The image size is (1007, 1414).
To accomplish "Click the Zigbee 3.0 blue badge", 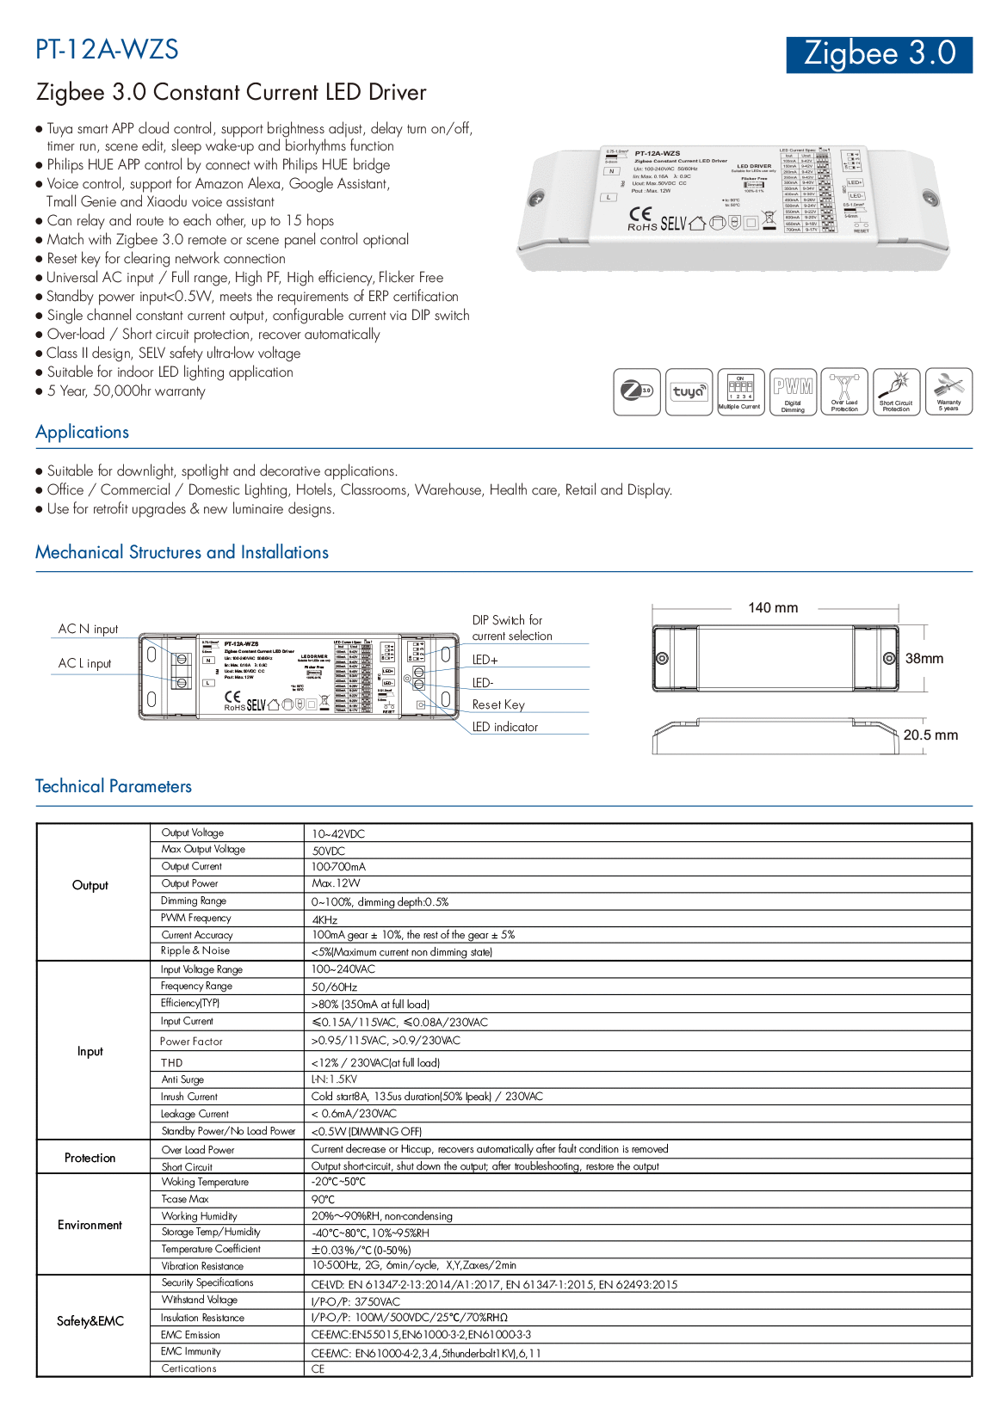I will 879,54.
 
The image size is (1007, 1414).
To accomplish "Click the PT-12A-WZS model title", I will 107,49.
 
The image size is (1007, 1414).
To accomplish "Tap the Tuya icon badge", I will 689,392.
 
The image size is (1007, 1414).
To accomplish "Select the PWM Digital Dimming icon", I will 793,392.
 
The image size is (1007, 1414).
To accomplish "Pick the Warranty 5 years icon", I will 948,392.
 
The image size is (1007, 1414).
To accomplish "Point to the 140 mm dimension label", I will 773,608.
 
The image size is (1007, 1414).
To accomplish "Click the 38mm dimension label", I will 924,659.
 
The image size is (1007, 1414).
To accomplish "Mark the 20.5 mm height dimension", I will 930,735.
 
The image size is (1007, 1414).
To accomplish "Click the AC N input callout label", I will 88,630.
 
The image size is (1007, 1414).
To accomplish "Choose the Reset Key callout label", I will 498,704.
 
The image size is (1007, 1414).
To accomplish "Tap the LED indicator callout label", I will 505,727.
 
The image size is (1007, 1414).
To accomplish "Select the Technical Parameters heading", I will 114,786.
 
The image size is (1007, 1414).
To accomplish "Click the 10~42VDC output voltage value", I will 338,834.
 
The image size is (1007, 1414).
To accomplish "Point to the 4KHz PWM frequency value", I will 324,919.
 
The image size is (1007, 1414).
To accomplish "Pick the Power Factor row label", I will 191,1042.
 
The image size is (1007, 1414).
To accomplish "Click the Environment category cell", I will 90,1225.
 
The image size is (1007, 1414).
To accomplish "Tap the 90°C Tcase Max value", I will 324,1199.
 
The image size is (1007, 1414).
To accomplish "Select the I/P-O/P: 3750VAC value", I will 355,1301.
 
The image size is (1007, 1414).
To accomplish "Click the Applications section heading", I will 83,433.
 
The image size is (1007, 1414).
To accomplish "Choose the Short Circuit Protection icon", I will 896,392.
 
